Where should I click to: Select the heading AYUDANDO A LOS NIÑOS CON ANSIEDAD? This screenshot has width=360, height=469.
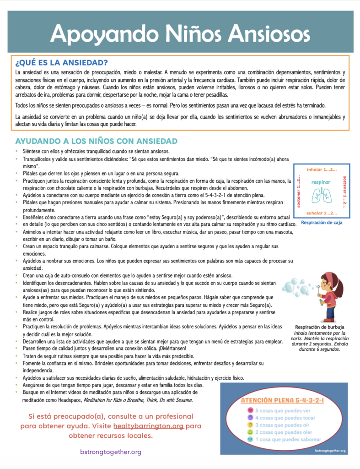point(96,141)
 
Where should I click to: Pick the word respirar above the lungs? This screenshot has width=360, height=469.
point(321,182)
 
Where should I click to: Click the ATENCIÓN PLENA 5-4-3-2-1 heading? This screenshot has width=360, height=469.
point(282,400)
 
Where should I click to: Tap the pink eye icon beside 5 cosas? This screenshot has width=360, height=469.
point(250,410)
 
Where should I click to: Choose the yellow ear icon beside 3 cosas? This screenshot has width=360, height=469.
point(250,425)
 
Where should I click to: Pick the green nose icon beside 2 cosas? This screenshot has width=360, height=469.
point(250,432)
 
